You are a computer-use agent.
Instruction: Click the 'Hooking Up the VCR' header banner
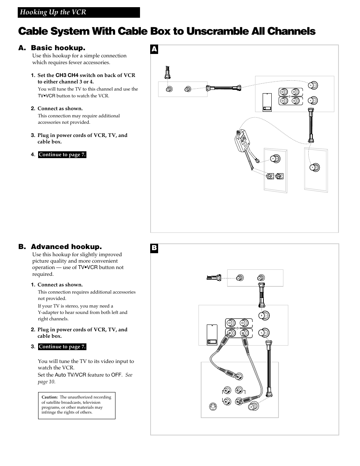tap(78, 12)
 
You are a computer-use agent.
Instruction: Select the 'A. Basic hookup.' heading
tap(52, 48)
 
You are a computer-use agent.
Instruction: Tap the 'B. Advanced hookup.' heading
tap(60, 247)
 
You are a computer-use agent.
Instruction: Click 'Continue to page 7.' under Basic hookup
tap(62, 155)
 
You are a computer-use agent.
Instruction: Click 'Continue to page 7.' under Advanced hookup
tap(62, 347)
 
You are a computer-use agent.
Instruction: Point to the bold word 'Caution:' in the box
tap(49, 397)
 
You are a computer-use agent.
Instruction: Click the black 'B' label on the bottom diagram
tap(154, 248)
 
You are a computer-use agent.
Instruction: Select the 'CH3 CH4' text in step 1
tap(67, 75)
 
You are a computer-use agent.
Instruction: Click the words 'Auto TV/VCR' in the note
tap(70, 375)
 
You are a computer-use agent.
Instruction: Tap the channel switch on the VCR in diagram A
tap(267, 102)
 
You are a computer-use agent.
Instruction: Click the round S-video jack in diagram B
tap(213, 407)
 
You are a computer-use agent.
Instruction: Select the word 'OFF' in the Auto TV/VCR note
tap(116, 375)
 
